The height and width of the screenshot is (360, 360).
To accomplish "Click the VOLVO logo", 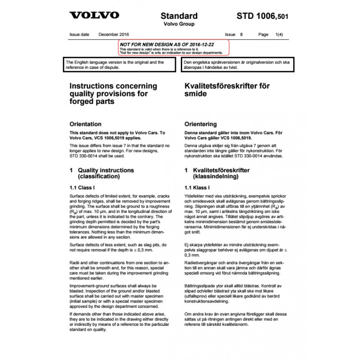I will pos(94,15).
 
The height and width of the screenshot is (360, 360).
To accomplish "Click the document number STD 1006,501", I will pos(262,16).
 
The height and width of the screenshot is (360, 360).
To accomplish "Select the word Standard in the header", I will pos(179,15).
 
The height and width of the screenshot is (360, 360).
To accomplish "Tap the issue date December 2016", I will pos(114,35).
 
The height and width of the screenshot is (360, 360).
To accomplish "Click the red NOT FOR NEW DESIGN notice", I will pos(174,47).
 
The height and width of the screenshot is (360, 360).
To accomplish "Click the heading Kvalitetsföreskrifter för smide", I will pos(227,90).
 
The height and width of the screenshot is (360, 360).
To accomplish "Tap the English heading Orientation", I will pos(85,124).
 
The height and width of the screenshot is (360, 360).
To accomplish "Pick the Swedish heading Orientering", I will pos(201,124).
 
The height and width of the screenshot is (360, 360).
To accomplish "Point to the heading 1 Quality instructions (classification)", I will pos(102,174).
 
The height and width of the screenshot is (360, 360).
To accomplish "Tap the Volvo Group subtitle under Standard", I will pos(179,24).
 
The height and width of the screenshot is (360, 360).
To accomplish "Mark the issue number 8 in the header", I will pos(242,35).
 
